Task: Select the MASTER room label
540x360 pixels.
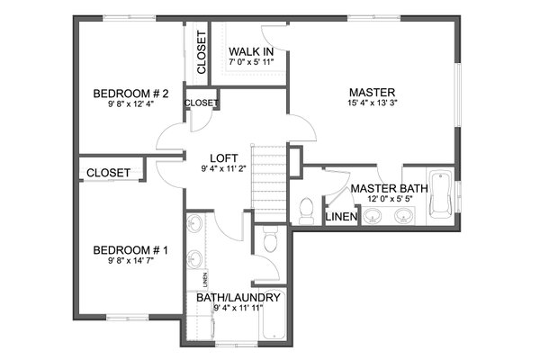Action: pyautogui.click(x=373, y=92)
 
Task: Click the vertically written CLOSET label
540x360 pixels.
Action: pyautogui.click(x=201, y=52)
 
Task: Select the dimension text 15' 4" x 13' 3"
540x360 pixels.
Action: pyautogui.click(x=373, y=104)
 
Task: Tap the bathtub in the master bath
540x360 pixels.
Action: pyautogui.click(x=440, y=194)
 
